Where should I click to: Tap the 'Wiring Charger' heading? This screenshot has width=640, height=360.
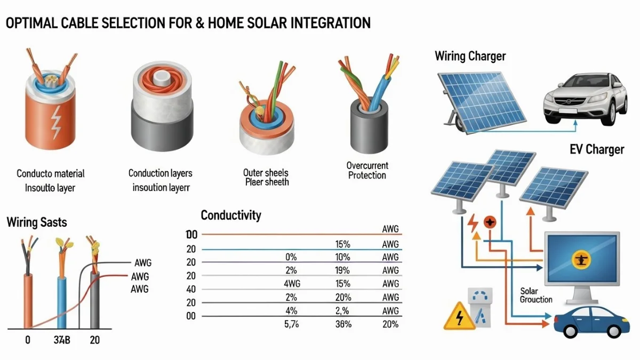[470, 56]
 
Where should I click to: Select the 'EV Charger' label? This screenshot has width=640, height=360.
[597, 149]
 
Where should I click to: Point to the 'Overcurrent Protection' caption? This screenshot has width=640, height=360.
[367, 170]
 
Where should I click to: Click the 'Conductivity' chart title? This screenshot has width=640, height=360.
[231, 215]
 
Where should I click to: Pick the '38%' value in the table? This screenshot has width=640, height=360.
[343, 324]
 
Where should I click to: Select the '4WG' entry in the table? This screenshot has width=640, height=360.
[292, 284]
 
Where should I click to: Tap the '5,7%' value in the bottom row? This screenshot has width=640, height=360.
[291, 324]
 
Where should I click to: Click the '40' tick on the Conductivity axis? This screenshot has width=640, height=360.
[191, 290]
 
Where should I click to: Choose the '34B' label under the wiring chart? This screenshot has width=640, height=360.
[62, 340]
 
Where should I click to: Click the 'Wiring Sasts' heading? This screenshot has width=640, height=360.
[37, 222]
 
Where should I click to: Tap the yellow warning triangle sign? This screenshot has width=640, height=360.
[459, 316]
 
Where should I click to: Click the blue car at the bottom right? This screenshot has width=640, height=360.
[591, 322]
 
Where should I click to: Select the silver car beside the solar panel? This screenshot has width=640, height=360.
[585, 99]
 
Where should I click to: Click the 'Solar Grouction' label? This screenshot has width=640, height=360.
[535, 295]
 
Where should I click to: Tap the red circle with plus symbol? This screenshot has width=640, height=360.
[490, 222]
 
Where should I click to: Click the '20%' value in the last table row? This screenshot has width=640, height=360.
[390, 324]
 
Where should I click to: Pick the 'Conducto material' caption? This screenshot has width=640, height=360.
[51, 174]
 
